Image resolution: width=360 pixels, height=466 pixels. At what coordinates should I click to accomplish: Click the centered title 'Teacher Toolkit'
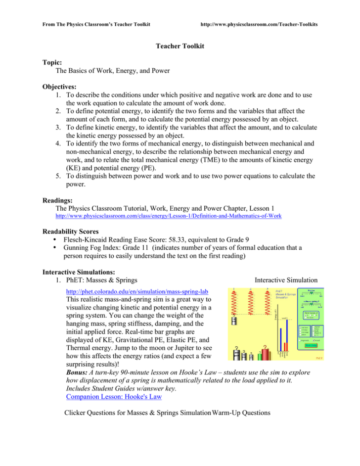coord(180,46)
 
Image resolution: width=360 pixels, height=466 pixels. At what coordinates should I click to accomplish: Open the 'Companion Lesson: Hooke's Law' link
coord(104,397)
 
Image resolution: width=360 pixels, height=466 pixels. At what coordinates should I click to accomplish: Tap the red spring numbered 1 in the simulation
coord(234,303)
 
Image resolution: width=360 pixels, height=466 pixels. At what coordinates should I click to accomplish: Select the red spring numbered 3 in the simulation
coord(267,303)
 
